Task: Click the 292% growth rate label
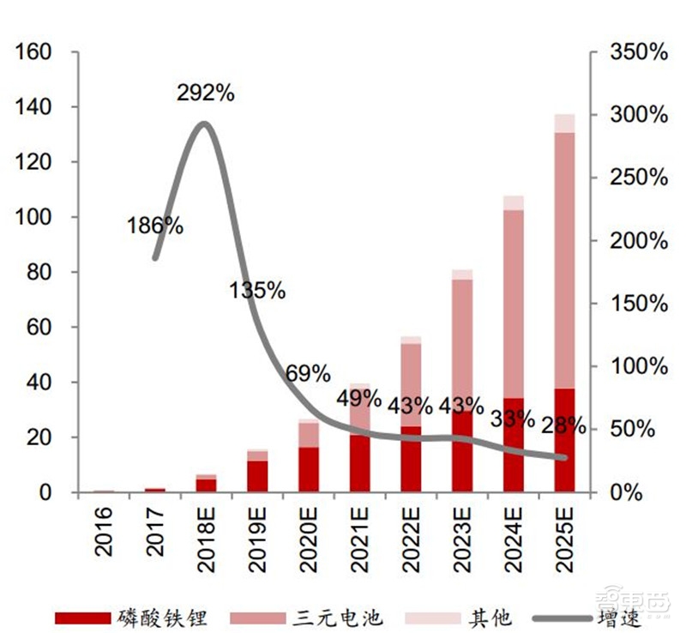coord(206,93)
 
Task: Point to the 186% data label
coord(154,226)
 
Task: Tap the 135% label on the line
coord(257,291)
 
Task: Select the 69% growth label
coord(308,373)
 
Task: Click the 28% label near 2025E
coord(564,425)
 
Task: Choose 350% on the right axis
coord(638,52)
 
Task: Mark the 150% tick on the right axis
coord(638,304)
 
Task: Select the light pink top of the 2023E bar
coord(462,274)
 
